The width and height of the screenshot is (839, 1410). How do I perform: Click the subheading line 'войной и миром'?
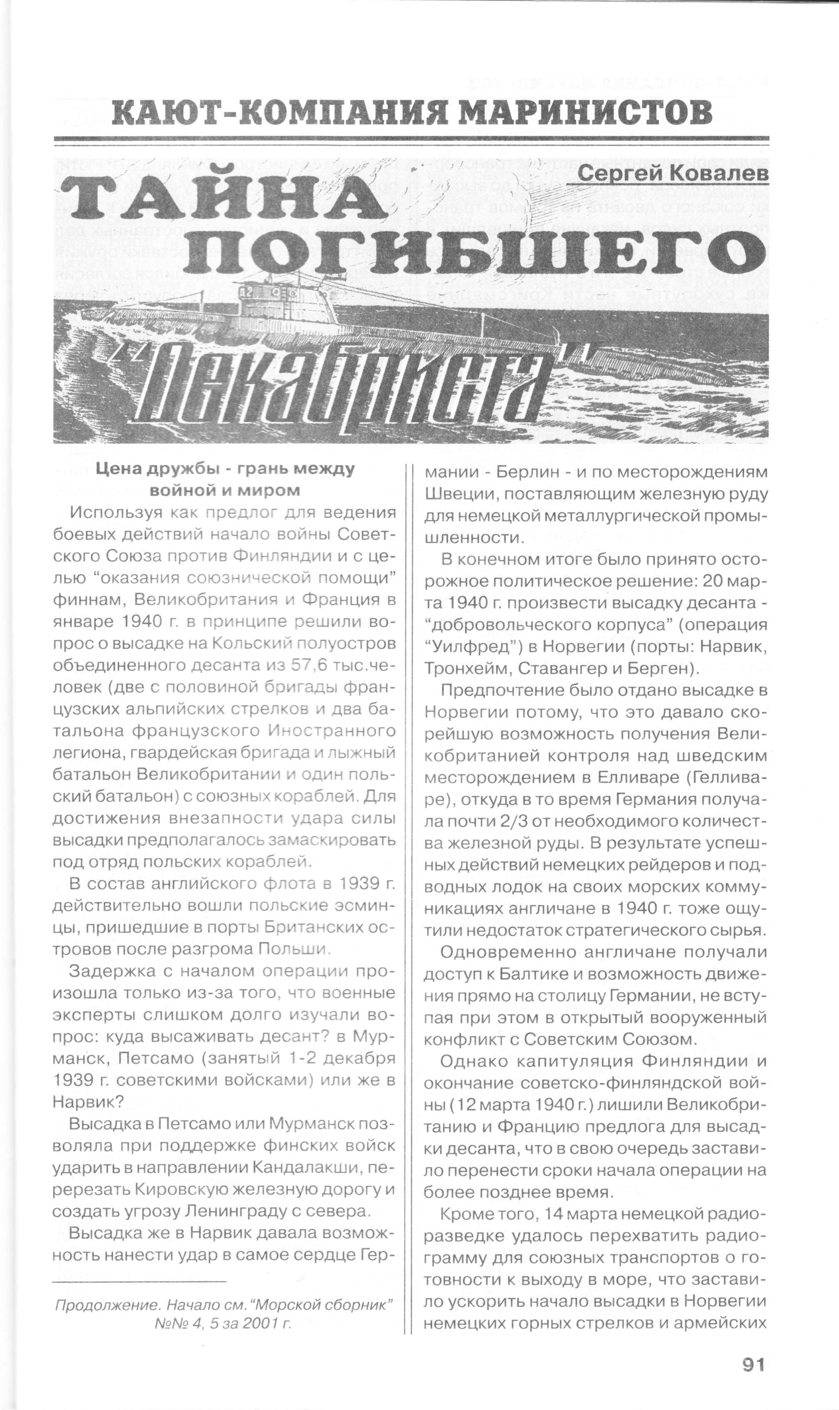[x=225, y=490]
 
